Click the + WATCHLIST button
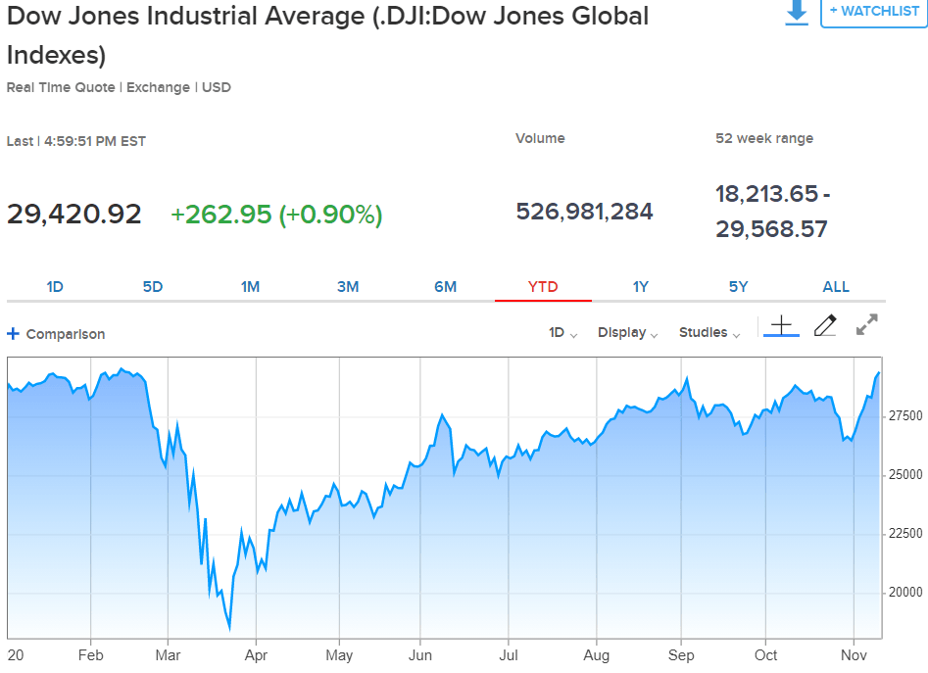click(x=874, y=12)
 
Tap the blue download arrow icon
click(x=797, y=12)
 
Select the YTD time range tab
click(x=543, y=287)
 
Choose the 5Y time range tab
click(x=738, y=287)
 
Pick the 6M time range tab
click(x=445, y=287)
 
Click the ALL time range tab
click(x=836, y=287)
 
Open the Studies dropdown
click(x=709, y=332)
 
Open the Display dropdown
click(x=627, y=332)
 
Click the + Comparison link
click(x=56, y=334)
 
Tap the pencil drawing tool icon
click(x=825, y=325)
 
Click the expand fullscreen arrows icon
click(x=866, y=324)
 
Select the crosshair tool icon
click(x=781, y=325)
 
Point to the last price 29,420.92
click(x=73, y=215)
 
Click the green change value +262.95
click(x=220, y=215)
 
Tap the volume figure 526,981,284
click(x=584, y=212)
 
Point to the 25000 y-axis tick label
click(x=905, y=475)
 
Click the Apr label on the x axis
click(x=257, y=655)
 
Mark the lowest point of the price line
click(x=229, y=629)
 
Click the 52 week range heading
click(x=764, y=138)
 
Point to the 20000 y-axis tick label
click(x=905, y=592)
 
